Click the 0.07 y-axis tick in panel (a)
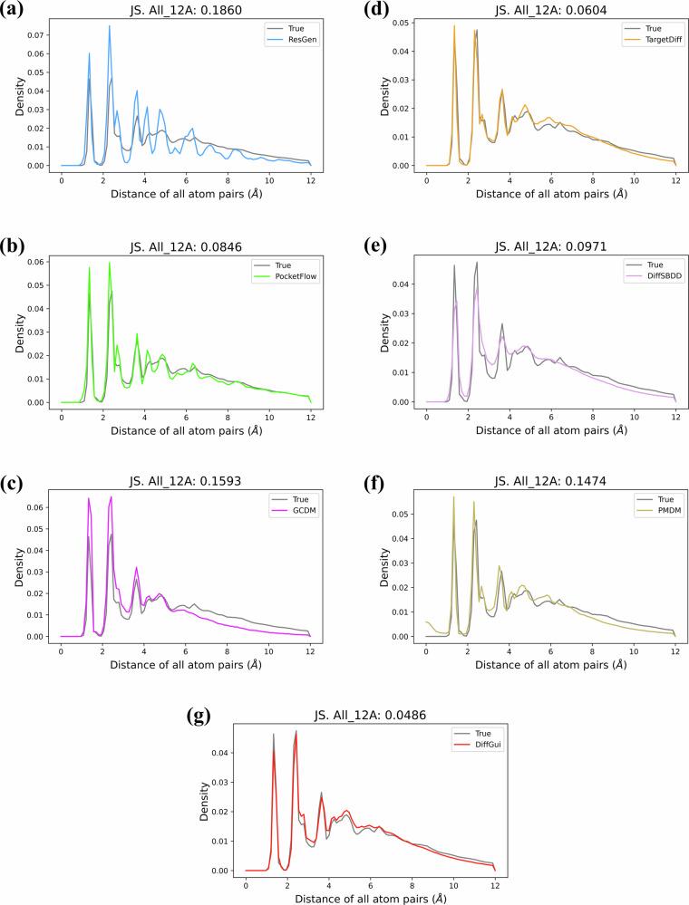[x=37, y=35]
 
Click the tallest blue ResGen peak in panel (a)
[x=110, y=25]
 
